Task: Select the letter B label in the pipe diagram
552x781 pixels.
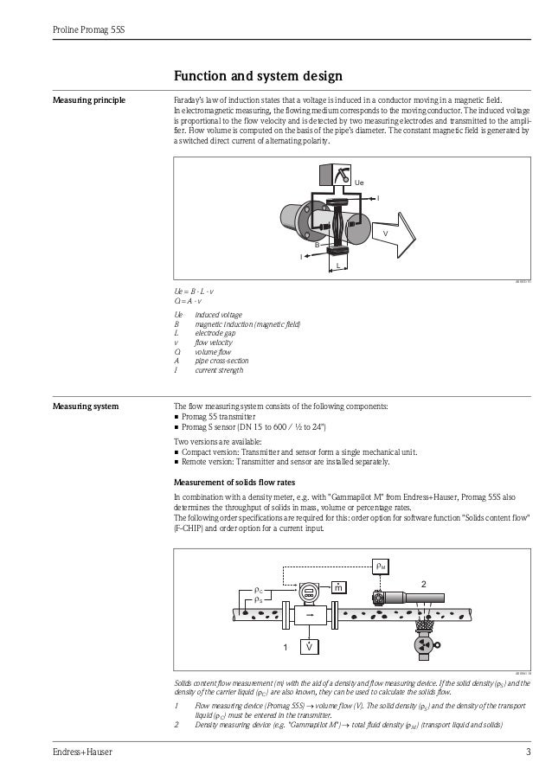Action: [317, 245]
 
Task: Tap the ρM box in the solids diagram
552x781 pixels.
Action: [381, 567]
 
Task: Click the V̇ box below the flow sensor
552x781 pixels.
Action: [308, 646]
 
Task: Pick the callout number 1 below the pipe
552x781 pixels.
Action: [283, 647]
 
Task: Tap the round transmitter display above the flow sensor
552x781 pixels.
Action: [309, 593]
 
